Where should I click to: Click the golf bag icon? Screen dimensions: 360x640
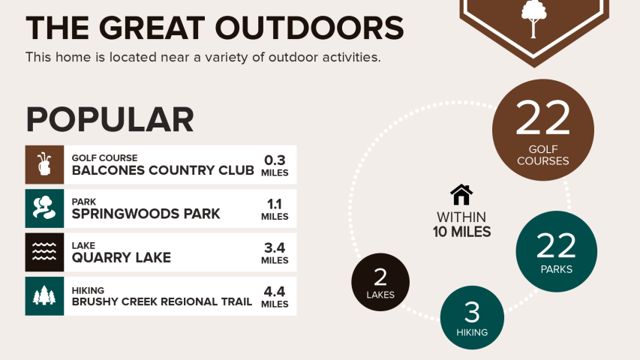(x=44, y=164)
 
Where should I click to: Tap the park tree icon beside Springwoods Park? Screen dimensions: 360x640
(x=44, y=208)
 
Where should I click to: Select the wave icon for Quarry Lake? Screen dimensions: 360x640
(x=44, y=252)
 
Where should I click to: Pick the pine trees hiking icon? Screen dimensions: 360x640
(x=44, y=296)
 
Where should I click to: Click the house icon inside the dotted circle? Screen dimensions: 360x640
(x=461, y=195)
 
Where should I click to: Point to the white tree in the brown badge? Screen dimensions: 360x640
(x=534, y=19)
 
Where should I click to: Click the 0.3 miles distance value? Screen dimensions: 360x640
(x=275, y=165)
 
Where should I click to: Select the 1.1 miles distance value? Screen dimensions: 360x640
(x=275, y=208)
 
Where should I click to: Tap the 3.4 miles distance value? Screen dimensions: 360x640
(x=275, y=253)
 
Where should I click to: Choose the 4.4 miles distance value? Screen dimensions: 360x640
(x=275, y=296)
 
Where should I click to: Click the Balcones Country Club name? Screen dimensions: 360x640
(x=163, y=170)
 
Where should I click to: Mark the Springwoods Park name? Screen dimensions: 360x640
(x=146, y=214)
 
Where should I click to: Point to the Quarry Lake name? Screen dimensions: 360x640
(x=122, y=258)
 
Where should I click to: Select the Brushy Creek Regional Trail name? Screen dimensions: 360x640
(x=162, y=301)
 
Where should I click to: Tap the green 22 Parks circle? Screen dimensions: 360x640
(x=556, y=251)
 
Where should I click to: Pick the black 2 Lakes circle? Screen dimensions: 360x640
(x=380, y=282)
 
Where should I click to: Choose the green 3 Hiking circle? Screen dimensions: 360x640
(x=472, y=317)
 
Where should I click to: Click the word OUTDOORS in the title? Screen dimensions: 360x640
(x=309, y=28)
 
